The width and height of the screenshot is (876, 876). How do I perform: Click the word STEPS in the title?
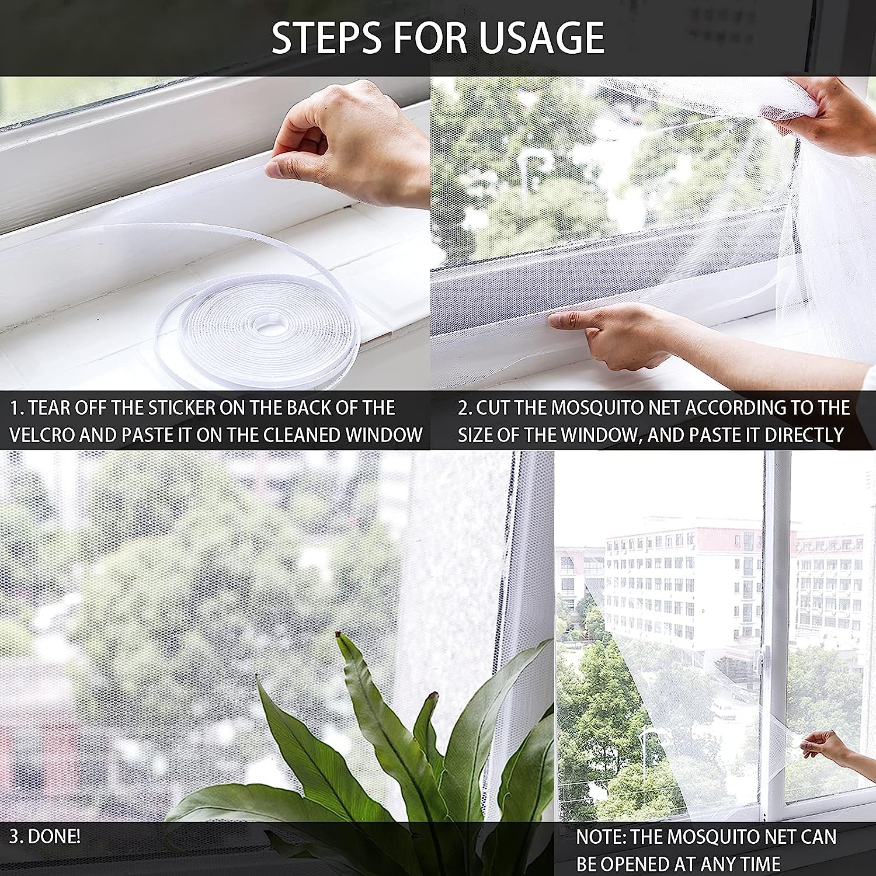pyautogui.click(x=328, y=37)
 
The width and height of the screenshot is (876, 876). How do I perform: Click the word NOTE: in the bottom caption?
pyautogui.click(x=601, y=836)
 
